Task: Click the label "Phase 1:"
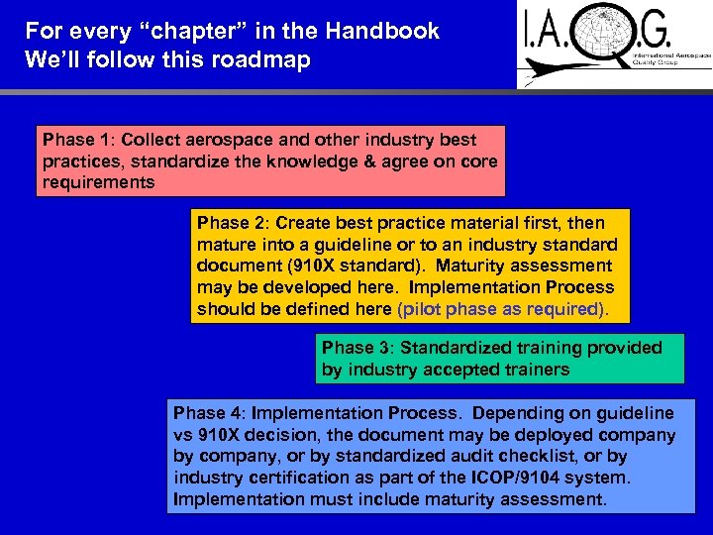click(77, 140)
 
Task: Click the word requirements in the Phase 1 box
click(99, 182)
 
